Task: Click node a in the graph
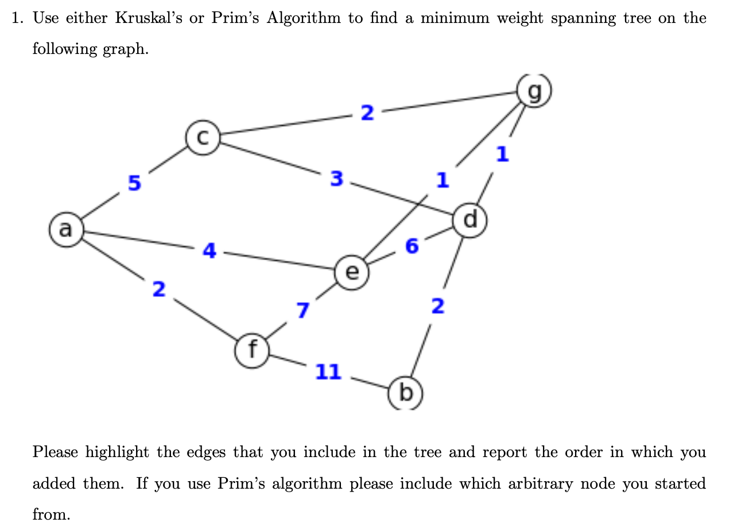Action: (x=66, y=230)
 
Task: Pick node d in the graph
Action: (x=471, y=219)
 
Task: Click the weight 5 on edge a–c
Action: (x=134, y=183)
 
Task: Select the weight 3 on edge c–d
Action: (x=337, y=179)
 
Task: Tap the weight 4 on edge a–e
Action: (x=210, y=250)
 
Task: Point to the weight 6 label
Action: (x=412, y=246)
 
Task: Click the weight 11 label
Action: (x=328, y=372)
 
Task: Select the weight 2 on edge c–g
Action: (x=367, y=113)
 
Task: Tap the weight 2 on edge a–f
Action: (x=159, y=289)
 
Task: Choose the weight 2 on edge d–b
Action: (x=437, y=307)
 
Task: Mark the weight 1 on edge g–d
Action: (x=502, y=154)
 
